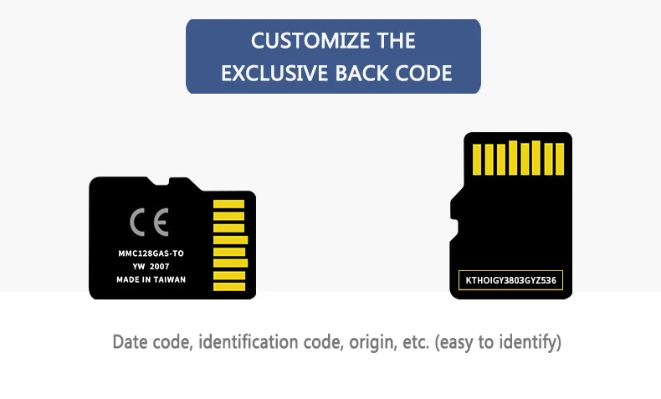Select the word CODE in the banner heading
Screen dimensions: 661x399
(423, 73)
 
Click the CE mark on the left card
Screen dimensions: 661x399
(150, 223)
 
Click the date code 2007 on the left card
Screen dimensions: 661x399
(171, 267)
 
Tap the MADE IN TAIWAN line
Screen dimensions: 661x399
(151, 279)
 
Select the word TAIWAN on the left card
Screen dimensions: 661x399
(170, 279)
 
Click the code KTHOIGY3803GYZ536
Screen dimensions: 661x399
(511, 280)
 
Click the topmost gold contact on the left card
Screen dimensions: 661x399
(228, 204)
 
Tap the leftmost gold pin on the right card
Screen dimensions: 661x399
(478, 159)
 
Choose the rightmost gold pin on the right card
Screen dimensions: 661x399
(560, 158)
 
